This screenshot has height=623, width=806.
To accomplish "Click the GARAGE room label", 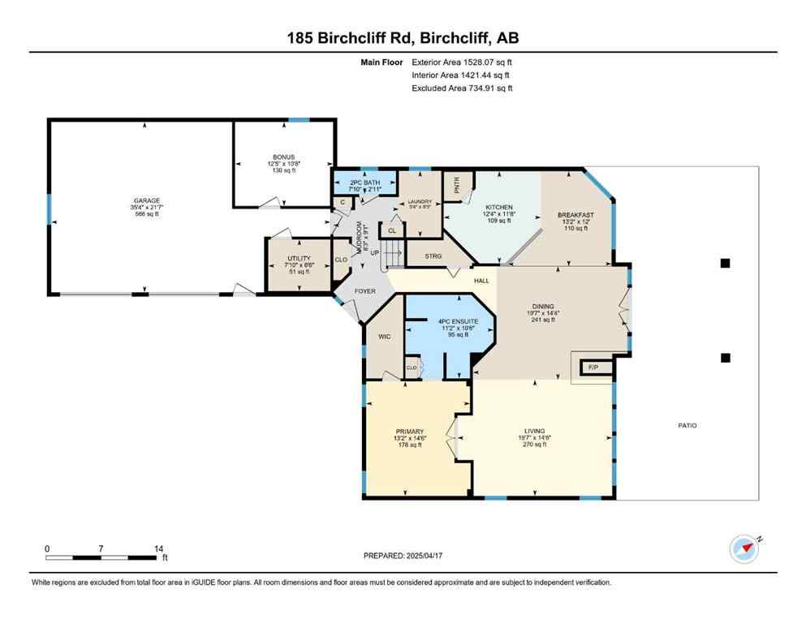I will click(x=147, y=200).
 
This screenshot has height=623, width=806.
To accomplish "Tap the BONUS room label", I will click(x=283, y=157).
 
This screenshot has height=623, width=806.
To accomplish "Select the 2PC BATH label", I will click(x=364, y=182).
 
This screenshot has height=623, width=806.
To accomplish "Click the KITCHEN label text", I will click(x=499, y=208).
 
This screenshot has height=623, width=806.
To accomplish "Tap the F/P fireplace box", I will click(x=593, y=367).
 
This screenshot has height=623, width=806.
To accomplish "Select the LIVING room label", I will click(x=534, y=431).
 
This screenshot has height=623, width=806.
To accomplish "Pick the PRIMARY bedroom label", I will click(x=410, y=432).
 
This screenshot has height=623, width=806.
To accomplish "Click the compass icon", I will click(x=744, y=548).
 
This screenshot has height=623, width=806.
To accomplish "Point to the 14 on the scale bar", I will click(x=159, y=548).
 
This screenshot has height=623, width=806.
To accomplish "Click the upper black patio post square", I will click(x=726, y=263).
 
